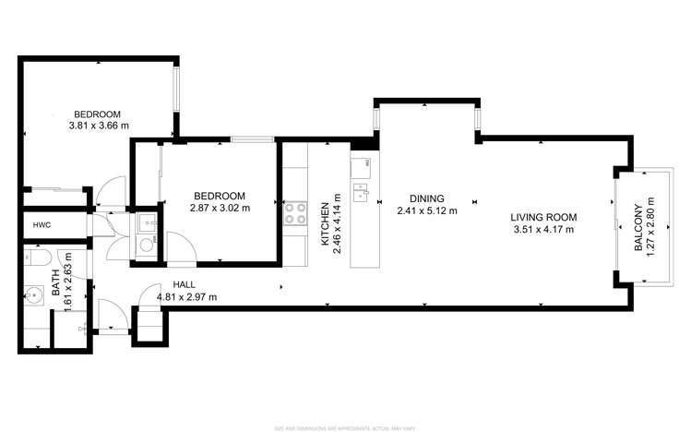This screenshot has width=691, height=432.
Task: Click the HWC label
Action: (42, 224)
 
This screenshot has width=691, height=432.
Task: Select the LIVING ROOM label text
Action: (544, 218)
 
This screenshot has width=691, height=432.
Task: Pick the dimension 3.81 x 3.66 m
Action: (98, 126)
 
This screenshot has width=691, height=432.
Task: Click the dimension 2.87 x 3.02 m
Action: (220, 208)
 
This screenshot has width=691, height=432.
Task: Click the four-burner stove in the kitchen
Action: (296, 214)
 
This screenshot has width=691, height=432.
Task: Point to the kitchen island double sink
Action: (361, 193)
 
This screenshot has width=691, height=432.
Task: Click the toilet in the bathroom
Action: (42, 260)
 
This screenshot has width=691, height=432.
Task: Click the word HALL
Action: (183, 285)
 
